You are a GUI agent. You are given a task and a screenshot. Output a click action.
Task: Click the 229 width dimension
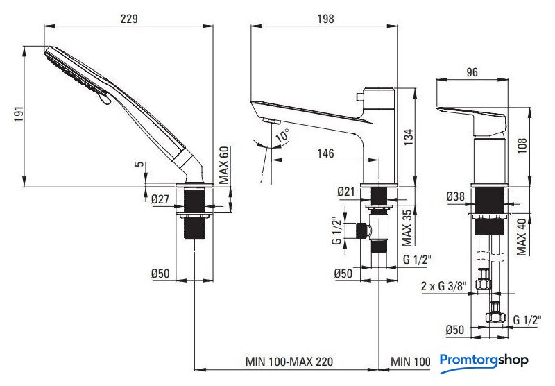coord(129,19)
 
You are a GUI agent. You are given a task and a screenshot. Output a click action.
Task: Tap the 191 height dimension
coord(19,114)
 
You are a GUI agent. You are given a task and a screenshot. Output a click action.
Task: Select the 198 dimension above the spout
coord(325,19)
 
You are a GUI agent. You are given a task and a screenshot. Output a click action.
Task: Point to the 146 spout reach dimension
coord(325,153)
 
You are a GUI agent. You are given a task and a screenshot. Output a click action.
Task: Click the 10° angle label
coord(282,135)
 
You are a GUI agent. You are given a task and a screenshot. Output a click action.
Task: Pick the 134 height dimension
coord(409,137)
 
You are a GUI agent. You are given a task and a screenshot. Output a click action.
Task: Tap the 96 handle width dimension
coord(472,72)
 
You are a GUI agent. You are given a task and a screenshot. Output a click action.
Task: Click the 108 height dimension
coord(522,145)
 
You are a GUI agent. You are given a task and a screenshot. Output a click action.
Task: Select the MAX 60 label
coord(223,165)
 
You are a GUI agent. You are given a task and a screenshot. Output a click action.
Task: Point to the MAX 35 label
coord(407,228)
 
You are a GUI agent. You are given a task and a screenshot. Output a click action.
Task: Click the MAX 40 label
coord(521,237)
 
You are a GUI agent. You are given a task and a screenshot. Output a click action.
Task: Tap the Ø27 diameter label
coord(160,199)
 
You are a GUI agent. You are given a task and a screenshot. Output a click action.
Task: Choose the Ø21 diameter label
coord(345,192)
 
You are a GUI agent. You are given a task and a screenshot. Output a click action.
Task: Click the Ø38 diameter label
coord(455,196)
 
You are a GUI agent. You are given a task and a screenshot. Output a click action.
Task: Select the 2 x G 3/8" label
coord(444,285)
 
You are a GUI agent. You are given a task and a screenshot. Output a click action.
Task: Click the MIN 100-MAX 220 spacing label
coord(289,362)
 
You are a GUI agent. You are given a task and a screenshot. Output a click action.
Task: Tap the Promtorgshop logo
coord(484,362)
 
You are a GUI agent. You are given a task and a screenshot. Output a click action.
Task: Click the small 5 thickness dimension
coord(141,164)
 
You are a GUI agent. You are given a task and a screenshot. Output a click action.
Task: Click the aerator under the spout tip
coord(272,121)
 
